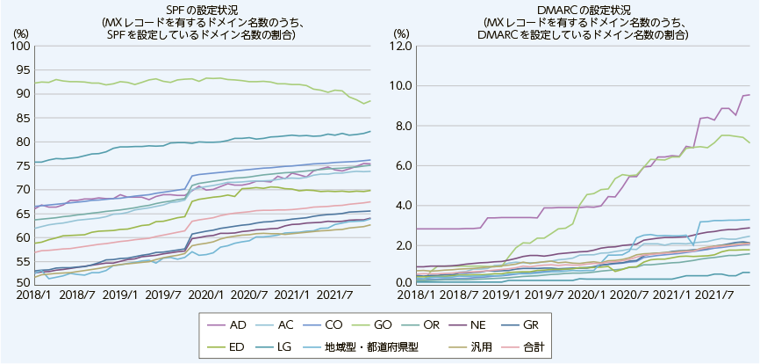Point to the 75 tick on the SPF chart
point(22,165)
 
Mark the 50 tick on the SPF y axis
point(22,283)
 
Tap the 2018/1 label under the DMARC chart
point(415,295)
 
